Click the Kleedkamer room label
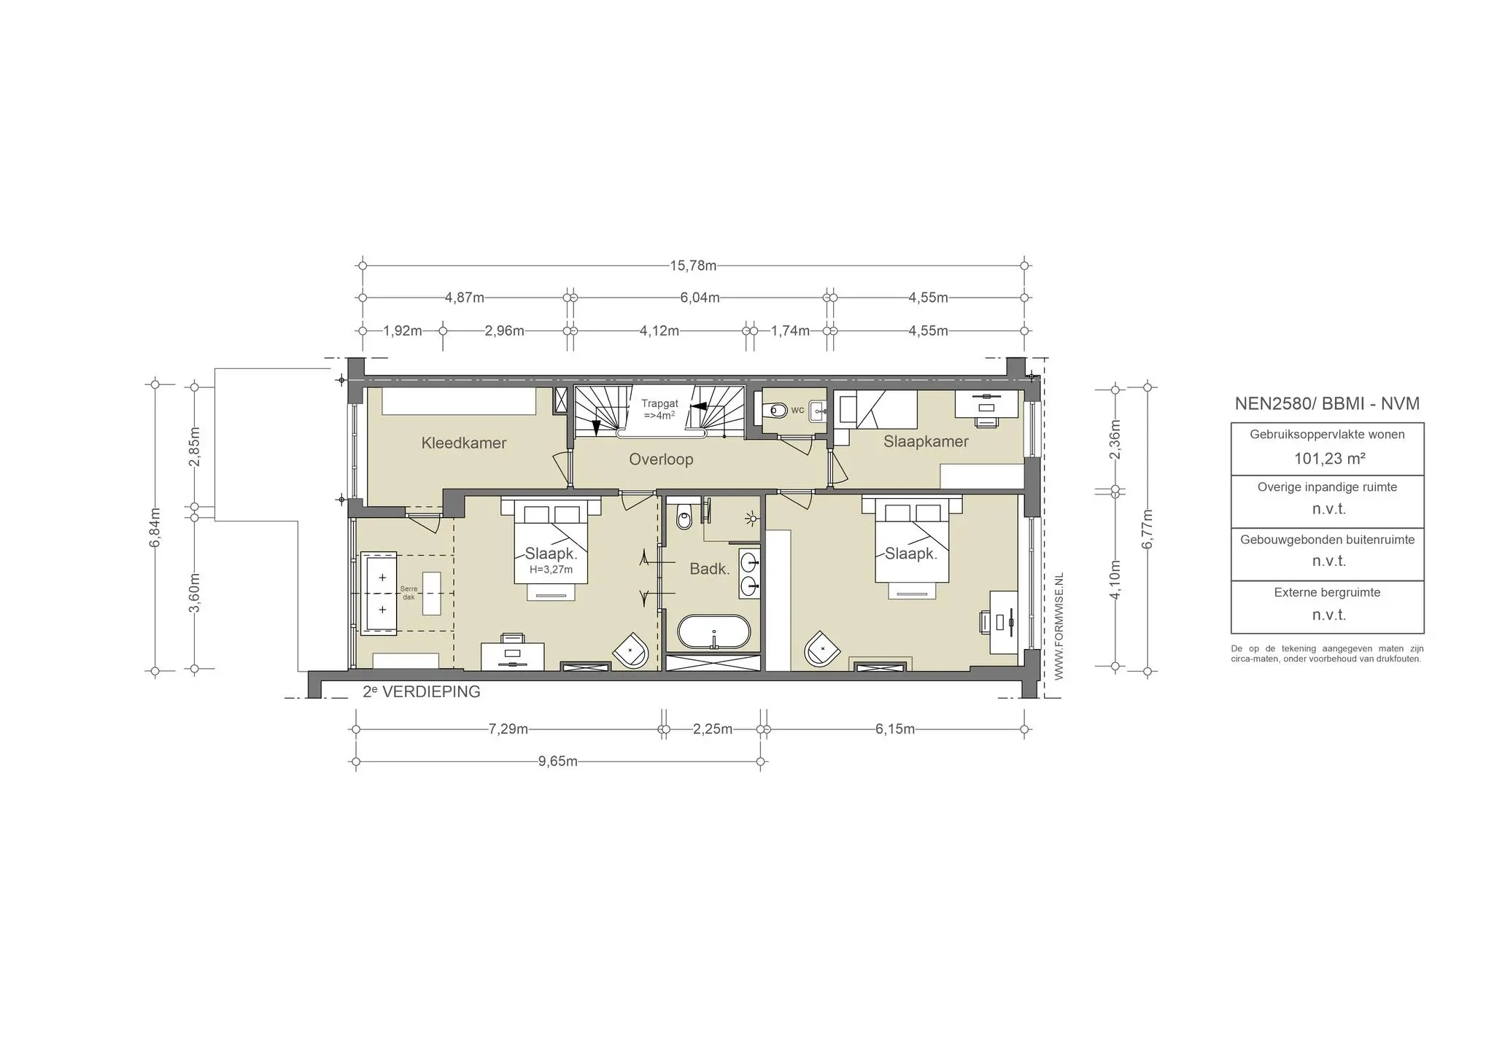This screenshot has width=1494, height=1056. (x=464, y=443)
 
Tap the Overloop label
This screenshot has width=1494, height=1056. (x=661, y=459)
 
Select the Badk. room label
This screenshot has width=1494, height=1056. (x=710, y=569)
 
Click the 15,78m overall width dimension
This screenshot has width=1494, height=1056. (x=693, y=265)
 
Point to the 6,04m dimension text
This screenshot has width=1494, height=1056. (x=700, y=298)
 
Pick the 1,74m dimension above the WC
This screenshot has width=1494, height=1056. (x=790, y=330)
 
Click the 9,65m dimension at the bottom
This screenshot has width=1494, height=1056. (x=558, y=762)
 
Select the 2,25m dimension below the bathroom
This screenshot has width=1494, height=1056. (x=713, y=729)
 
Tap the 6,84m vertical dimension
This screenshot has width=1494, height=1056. (x=155, y=527)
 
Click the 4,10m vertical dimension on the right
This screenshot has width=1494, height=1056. (x=1115, y=579)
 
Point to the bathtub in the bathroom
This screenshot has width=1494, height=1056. (x=713, y=632)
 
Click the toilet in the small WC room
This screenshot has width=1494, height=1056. (x=775, y=411)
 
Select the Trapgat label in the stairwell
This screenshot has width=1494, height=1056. (x=659, y=403)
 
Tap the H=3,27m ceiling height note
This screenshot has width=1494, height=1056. (x=551, y=570)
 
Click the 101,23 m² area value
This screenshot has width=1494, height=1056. (x=1329, y=459)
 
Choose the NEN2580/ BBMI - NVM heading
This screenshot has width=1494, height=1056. (x=1327, y=403)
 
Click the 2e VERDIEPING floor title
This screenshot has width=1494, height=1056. (x=422, y=691)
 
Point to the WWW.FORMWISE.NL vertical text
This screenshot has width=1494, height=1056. (x=1059, y=626)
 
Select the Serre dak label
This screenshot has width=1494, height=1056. (x=409, y=593)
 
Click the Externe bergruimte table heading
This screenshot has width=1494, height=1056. (x=1327, y=592)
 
